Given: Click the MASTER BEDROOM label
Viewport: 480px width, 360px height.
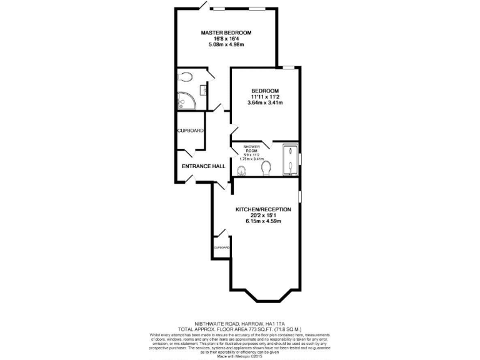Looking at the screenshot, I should coord(226,32).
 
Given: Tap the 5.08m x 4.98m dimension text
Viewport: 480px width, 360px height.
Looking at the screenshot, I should coord(226,44).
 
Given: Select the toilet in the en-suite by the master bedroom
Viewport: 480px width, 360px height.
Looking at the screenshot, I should coord(185,77).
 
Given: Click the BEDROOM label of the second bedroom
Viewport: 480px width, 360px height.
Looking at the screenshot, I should coord(265,91).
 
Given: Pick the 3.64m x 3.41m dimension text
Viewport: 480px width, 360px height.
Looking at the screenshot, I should coord(265,102).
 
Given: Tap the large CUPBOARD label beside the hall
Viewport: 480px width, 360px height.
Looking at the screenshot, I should coord(190,131).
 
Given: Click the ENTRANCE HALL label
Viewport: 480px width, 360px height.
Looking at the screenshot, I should coord(203,166).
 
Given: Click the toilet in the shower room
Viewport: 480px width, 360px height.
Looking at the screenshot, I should coord(266,167).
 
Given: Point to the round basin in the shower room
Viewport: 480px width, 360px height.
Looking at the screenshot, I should coord(242,171).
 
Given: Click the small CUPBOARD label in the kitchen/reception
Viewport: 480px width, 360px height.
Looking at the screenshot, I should coord(221,247).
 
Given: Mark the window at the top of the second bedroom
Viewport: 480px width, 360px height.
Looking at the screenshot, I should coord(287,67).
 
